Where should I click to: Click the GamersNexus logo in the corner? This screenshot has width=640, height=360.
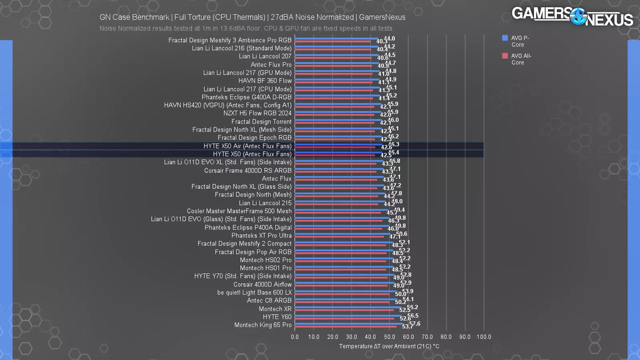pos(572,17)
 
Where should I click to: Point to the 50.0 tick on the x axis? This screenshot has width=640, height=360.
pos(389,337)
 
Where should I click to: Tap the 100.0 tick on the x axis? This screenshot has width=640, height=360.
pos(484,337)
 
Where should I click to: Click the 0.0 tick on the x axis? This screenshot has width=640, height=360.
pos(295,337)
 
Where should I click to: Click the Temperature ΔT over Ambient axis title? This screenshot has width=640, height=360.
pos(389,346)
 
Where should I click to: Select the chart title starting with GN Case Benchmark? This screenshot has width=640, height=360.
pos(252,17)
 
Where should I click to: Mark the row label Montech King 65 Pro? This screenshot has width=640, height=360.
pos(263,325)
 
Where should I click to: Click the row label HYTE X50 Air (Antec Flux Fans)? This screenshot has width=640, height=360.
pos(247,146)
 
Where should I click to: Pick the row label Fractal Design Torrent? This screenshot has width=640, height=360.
pos(261,122)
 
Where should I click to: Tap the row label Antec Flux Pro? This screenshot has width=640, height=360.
pos(271,64)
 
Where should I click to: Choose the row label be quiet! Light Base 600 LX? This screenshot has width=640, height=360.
pos(254,292)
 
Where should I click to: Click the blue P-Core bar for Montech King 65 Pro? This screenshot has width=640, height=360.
pos(348,324)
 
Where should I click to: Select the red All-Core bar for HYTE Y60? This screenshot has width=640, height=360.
pos(344,318)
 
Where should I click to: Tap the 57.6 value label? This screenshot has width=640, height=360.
pos(415,324)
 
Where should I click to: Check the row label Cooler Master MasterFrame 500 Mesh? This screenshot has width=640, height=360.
pos(239,211)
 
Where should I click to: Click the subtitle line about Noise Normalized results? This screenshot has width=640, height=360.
pos(246,28)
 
